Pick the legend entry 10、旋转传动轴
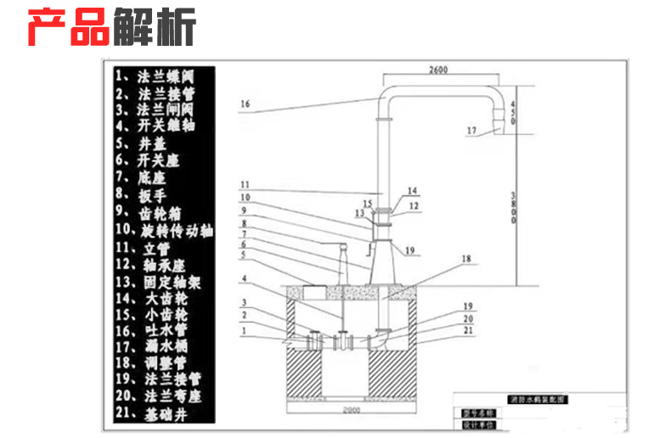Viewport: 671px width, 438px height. (165, 229)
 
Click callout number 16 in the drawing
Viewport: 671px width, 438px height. (245, 104)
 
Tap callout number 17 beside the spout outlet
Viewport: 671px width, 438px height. (472, 130)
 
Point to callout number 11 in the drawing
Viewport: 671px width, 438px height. (245, 184)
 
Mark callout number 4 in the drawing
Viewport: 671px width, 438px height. (245, 278)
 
